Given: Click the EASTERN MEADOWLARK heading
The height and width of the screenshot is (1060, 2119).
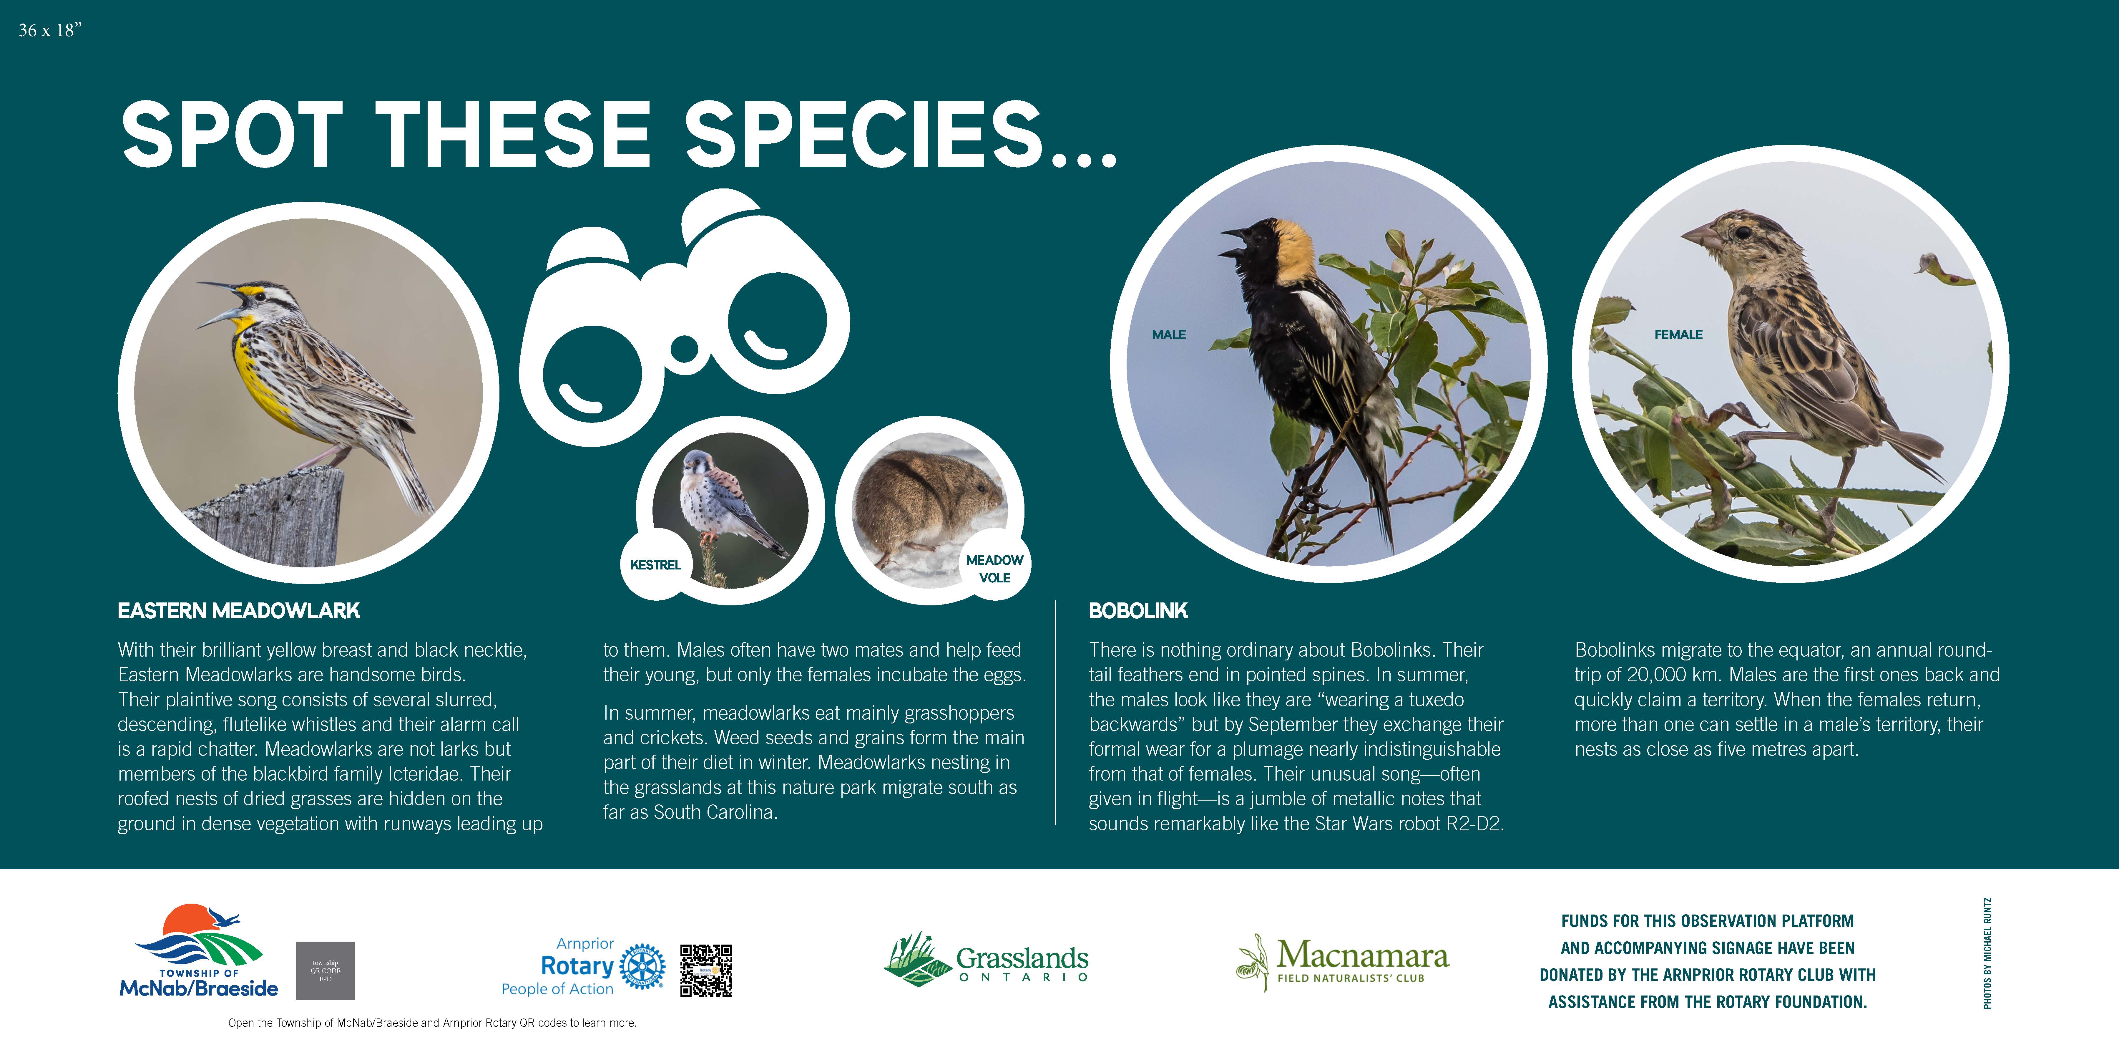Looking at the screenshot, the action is (x=239, y=611).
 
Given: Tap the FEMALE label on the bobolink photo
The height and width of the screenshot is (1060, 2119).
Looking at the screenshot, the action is (x=1678, y=334).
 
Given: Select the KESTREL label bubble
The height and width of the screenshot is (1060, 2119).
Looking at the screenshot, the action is (x=656, y=564).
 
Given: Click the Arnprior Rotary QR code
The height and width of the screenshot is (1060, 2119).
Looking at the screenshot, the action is (x=706, y=970).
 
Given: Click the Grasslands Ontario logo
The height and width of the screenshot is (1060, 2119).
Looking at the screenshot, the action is (x=986, y=960).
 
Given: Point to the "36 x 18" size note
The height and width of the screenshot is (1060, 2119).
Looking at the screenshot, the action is (x=50, y=30).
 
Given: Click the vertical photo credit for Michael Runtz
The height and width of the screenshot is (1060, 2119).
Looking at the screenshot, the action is (x=1987, y=953).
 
